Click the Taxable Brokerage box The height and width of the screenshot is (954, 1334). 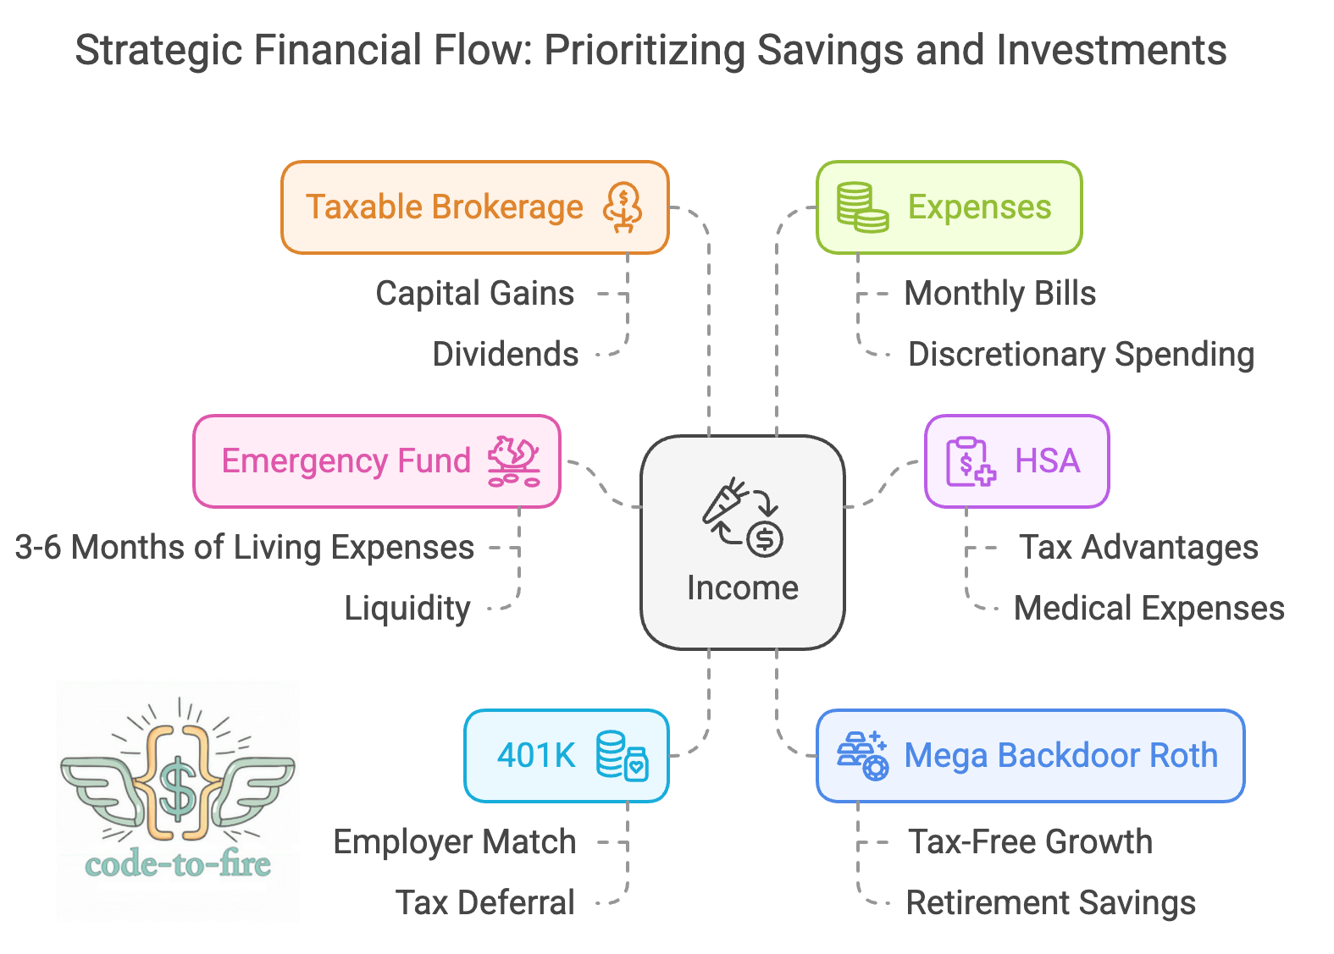(474, 207)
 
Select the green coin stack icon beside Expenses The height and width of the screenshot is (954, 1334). (861, 207)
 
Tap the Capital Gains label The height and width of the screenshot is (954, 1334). (474, 294)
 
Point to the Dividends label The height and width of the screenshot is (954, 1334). (506, 355)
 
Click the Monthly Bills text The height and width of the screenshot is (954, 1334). (999, 294)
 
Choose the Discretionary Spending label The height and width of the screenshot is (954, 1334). (1080, 355)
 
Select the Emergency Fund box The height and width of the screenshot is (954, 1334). (377, 461)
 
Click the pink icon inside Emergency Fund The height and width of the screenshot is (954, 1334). (513, 461)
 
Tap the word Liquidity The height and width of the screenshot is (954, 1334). (407, 609)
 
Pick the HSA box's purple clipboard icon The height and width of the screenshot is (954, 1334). (970, 461)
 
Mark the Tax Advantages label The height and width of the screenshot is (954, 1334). (1137, 548)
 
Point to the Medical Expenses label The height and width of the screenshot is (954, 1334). (1149, 609)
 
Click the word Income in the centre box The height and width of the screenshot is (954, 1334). (742, 588)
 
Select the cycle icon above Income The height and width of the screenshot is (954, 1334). (742, 517)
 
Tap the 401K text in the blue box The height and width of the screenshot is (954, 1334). (536, 755)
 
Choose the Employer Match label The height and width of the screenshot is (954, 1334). (454, 842)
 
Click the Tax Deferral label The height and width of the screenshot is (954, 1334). (485, 903)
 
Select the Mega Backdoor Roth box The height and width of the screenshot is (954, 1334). (1030, 756)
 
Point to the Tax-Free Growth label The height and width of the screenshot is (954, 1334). (1030, 842)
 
